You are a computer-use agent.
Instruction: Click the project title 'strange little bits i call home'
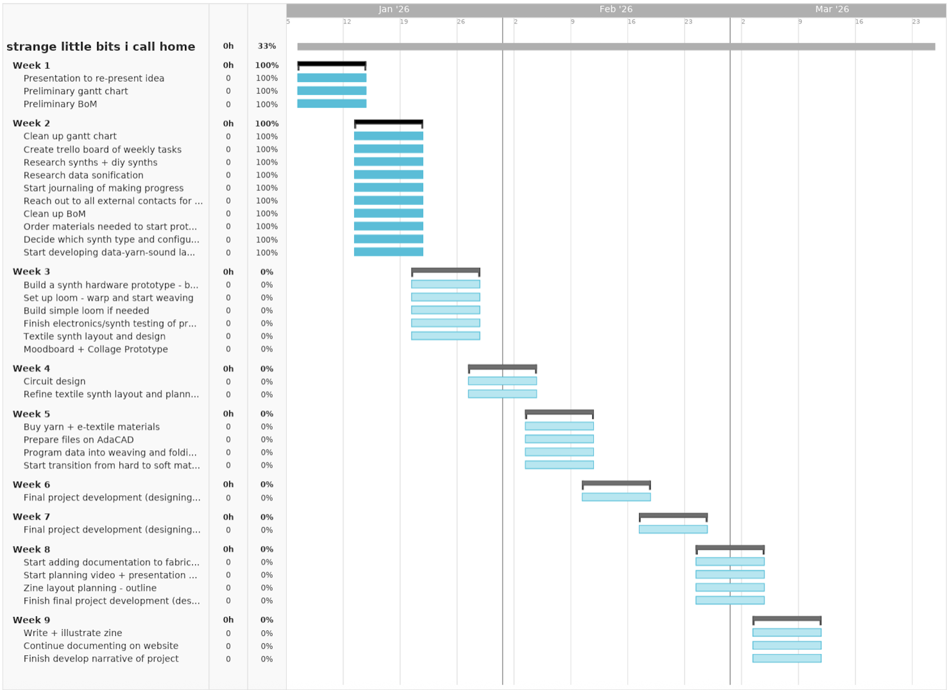pos(101,47)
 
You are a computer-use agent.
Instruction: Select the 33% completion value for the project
pos(267,46)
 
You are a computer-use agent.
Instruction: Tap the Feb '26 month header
pos(616,9)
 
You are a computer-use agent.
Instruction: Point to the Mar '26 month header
pos(831,9)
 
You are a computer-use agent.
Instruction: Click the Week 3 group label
pos(31,272)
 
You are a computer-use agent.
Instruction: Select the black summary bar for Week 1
pos(332,64)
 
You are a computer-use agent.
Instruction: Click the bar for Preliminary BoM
pos(332,104)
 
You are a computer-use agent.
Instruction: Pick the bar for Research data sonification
pos(389,175)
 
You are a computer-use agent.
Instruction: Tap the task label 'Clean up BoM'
pos(55,214)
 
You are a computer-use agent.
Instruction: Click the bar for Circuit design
pos(502,381)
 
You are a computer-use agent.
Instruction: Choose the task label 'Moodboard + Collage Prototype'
pos(95,349)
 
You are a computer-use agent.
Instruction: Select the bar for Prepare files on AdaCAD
pos(559,439)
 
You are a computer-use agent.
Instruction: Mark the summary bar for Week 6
pos(616,483)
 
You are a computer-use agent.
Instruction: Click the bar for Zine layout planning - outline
pos(730,588)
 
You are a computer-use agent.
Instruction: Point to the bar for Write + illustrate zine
pos(787,633)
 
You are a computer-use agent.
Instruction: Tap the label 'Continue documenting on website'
pos(101,646)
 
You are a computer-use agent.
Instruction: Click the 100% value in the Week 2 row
pos(267,123)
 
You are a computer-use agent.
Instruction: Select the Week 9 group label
pos(31,620)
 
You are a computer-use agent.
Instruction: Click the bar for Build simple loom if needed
pos(446,310)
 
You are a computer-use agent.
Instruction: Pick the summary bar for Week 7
pos(673,516)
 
